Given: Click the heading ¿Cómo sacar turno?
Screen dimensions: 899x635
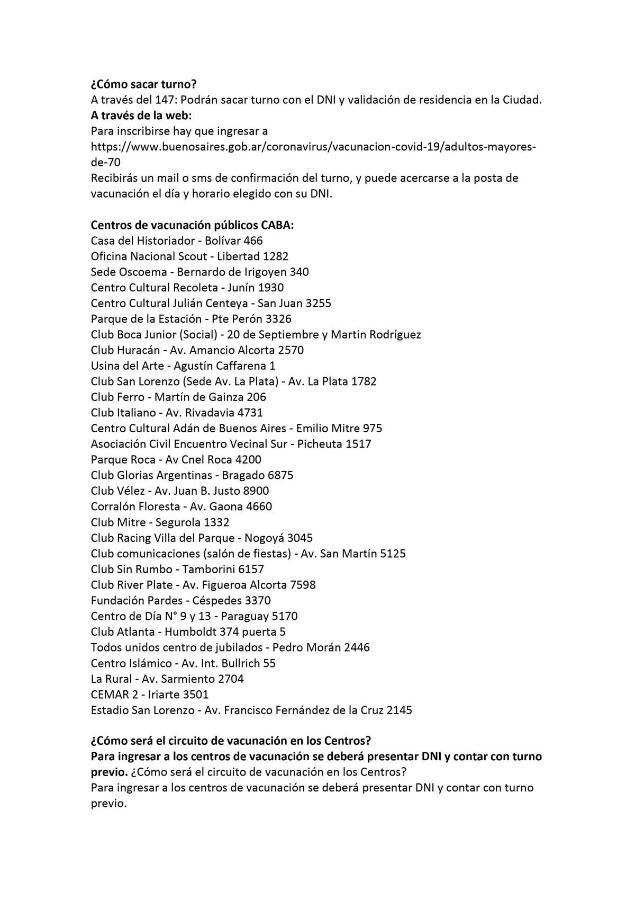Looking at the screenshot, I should pyautogui.click(x=143, y=84).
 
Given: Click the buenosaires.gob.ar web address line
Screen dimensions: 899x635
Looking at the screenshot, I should pyautogui.click(x=313, y=147).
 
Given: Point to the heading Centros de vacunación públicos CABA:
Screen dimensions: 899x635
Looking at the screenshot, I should pyautogui.click(x=192, y=225).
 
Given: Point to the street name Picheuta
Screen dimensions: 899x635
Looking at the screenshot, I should pyautogui.click(x=320, y=444).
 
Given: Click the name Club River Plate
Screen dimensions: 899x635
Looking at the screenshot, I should pyautogui.click(x=132, y=585).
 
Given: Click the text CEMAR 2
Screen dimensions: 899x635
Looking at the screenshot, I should pyautogui.click(x=114, y=695).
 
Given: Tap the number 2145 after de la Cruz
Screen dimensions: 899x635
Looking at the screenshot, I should pyautogui.click(x=399, y=710).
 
